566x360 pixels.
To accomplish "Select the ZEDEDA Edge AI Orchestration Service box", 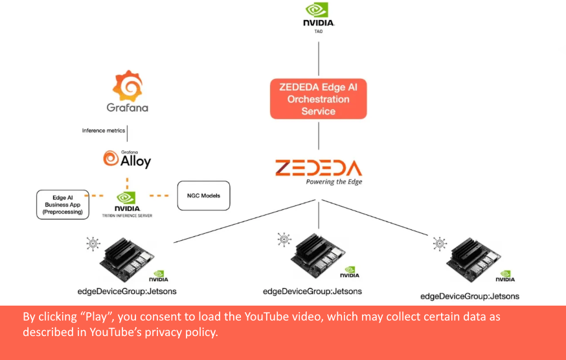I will [x=318, y=98].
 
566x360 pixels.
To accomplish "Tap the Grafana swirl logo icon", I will [x=128, y=85].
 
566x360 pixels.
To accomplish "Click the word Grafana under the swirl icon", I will [x=128, y=107].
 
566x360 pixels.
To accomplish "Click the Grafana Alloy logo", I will [x=127, y=159].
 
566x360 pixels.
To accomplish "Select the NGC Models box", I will [x=203, y=196].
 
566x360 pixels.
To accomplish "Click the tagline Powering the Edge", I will [x=334, y=182].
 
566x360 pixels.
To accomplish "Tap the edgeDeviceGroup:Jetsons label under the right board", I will [x=470, y=296].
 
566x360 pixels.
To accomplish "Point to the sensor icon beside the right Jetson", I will [x=440, y=244].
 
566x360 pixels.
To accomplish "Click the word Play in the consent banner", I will [x=91, y=317].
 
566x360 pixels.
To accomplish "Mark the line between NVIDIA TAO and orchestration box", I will [x=318, y=55].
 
